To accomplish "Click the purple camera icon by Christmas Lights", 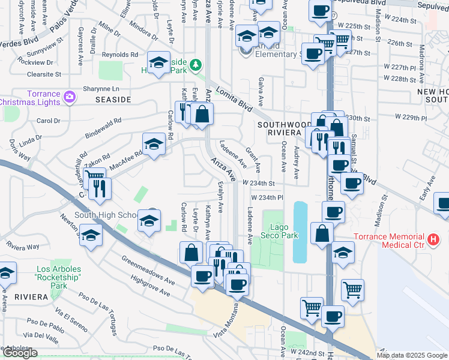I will coord(70,96).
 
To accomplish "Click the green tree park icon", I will coord(195,64).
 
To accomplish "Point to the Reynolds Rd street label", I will coord(120,54).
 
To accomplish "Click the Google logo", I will coord(19,353).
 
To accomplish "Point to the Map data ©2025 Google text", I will coord(412,355).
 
